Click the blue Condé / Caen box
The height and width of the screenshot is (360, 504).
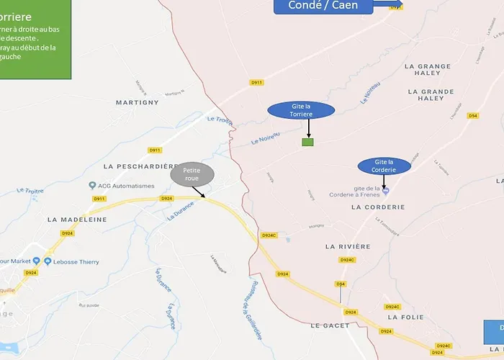(x=325, y=6)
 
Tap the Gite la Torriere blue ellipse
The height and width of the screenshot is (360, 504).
(x=301, y=110)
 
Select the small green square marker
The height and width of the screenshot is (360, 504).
(x=307, y=142)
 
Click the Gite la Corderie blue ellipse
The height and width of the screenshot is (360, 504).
(x=383, y=166)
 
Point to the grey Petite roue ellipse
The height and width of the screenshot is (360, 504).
(x=192, y=174)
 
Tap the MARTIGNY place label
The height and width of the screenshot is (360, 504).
(x=137, y=103)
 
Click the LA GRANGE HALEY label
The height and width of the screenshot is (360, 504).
(x=428, y=70)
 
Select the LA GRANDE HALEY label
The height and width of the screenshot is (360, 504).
(x=431, y=96)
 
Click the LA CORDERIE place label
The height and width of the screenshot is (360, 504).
(x=378, y=207)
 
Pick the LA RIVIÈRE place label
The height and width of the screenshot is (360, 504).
(x=348, y=246)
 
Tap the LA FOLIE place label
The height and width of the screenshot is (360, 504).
(x=403, y=317)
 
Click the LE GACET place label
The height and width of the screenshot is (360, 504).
(x=330, y=326)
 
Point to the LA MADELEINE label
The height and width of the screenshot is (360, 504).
(x=77, y=219)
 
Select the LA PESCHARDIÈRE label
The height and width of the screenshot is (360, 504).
(x=140, y=166)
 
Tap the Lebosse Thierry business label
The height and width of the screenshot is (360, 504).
(x=76, y=262)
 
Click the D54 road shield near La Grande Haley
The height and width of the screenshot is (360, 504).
(x=473, y=115)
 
